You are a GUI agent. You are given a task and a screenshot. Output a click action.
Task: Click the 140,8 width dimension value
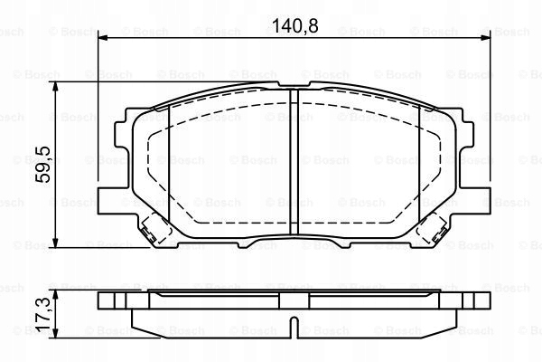pyautogui.click(x=294, y=25)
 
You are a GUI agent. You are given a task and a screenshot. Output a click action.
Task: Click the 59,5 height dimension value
pyautogui.click(x=43, y=164)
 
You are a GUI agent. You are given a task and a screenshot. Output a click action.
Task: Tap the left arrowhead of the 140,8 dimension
pyautogui.click(x=103, y=38)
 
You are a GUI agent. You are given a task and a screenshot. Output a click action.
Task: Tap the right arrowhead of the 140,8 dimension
pyautogui.click(x=485, y=38)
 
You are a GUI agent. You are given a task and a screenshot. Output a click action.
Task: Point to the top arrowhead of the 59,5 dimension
pyautogui.click(x=55, y=87)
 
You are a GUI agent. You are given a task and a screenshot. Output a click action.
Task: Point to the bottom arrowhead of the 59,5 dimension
pyautogui.click(x=55, y=243)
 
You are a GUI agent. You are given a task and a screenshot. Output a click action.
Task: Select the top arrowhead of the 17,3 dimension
pyautogui.click(x=55, y=296)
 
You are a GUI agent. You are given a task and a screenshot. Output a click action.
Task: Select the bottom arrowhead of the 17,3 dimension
pyautogui.click(x=55, y=333)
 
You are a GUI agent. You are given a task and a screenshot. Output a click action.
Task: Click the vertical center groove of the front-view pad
pyautogui.click(x=294, y=162)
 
